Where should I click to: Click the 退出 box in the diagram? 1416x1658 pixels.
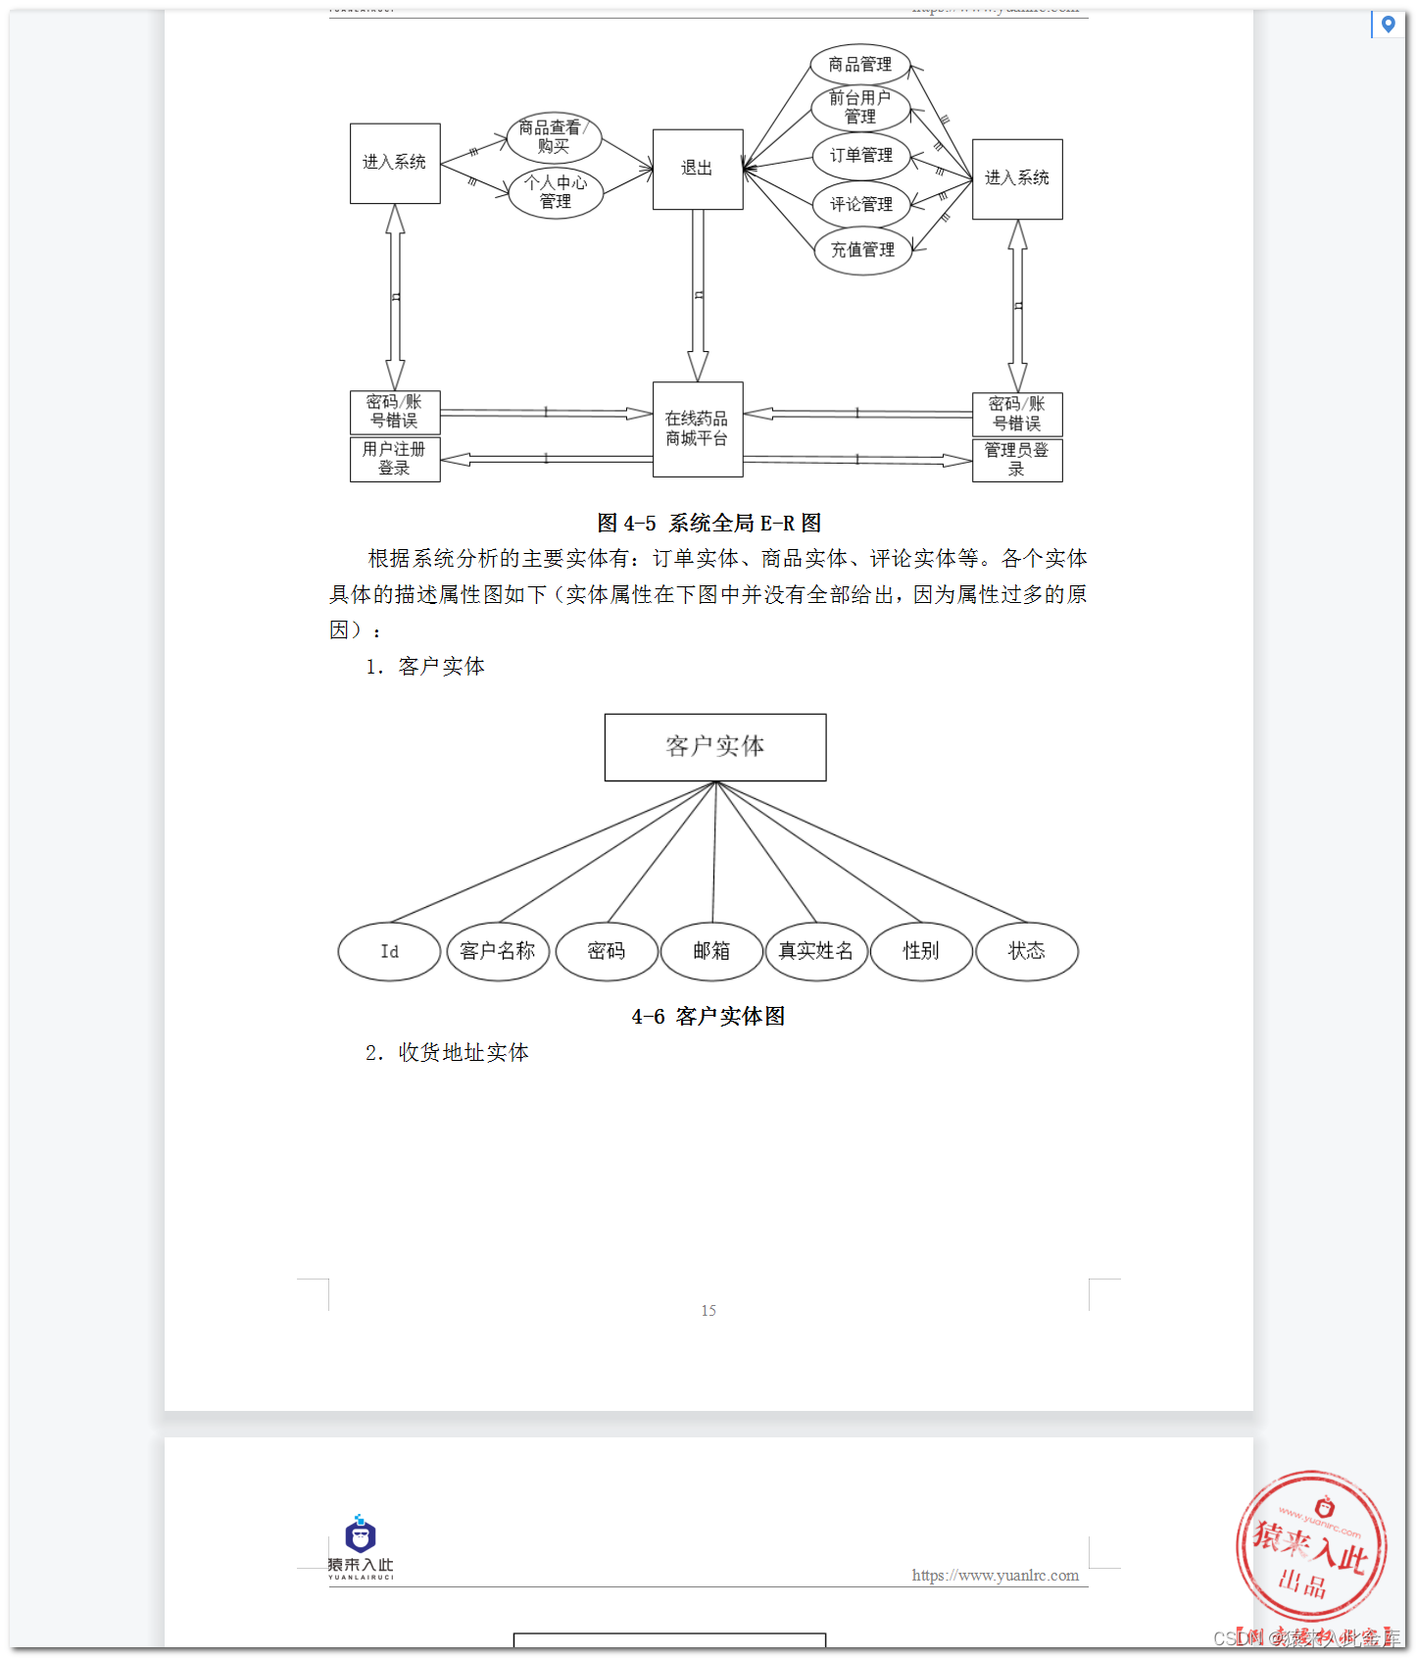click(x=698, y=169)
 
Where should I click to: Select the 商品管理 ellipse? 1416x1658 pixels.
click(x=860, y=65)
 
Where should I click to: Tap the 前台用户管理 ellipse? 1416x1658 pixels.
click(x=860, y=108)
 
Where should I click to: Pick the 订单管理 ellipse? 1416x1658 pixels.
click(x=861, y=155)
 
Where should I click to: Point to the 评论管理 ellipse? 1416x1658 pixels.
click(x=861, y=204)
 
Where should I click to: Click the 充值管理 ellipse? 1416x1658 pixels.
click(x=862, y=250)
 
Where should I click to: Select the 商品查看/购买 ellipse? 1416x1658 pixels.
click(x=554, y=137)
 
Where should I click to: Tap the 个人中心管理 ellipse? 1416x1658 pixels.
click(x=556, y=192)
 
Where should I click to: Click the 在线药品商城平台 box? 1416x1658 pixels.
click(x=698, y=429)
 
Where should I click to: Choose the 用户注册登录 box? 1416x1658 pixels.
click(x=395, y=459)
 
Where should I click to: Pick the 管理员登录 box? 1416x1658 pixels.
click(x=1017, y=459)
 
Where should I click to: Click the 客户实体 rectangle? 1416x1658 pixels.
click(x=715, y=747)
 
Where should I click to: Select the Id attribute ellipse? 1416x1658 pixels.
click(x=389, y=951)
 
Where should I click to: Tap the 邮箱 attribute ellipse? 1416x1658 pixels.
click(x=711, y=951)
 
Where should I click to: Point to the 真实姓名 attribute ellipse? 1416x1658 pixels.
click(x=816, y=951)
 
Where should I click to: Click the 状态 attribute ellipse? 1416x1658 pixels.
click(x=1027, y=951)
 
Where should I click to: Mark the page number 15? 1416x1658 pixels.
click(x=708, y=1311)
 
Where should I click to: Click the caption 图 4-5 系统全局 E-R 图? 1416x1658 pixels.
click(x=708, y=524)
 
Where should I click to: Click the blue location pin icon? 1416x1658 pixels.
click(x=1388, y=24)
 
